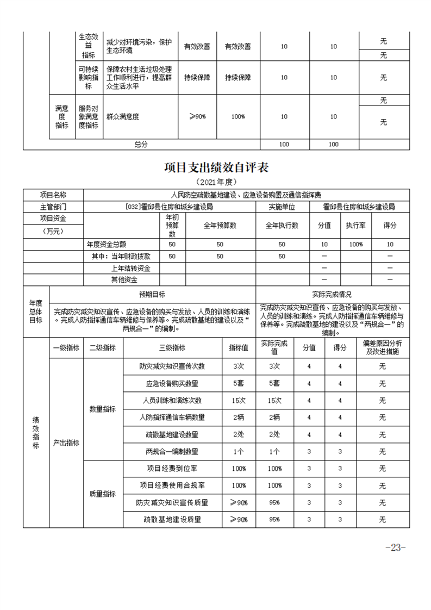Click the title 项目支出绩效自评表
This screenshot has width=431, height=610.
pyautogui.click(x=216, y=167)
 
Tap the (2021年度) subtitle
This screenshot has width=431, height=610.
pyautogui.click(x=216, y=182)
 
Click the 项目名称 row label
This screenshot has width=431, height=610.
pyautogui.click(x=53, y=194)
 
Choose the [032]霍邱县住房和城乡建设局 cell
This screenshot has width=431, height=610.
pyautogui.click(x=168, y=207)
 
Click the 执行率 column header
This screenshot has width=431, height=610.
pyautogui.click(x=356, y=225)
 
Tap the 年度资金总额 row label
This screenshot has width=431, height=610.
pyautogui.click(x=107, y=245)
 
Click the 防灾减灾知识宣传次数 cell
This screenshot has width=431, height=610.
pyautogui.click(x=172, y=366)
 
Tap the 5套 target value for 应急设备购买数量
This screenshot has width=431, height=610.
pyautogui.click(x=238, y=384)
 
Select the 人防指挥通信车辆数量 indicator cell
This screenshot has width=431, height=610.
pyautogui.click(x=172, y=418)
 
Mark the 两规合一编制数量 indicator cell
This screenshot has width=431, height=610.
pyautogui.click(x=172, y=451)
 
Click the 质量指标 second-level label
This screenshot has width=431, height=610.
pyautogui.click(x=103, y=494)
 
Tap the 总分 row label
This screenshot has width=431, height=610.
pyautogui.click(x=141, y=144)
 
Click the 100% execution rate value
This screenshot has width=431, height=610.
pyautogui.click(x=356, y=245)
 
